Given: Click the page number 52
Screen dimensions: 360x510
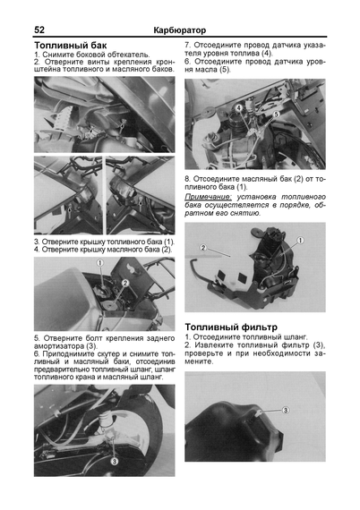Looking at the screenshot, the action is click(39, 30).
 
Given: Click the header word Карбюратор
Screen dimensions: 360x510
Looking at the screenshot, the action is click(180, 30).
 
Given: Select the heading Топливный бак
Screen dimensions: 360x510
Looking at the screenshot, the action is click(71, 45).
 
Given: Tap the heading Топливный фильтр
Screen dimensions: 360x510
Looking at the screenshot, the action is click(231, 327).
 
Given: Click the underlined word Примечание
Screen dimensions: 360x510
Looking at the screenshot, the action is click(209, 197).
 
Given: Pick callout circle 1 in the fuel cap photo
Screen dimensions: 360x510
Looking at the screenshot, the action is click(100, 262).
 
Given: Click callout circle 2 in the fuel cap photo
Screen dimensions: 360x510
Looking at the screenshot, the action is click(125, 284).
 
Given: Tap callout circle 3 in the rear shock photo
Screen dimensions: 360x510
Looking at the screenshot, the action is click(115, 461).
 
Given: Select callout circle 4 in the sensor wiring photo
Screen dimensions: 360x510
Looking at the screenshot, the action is click(239, 107).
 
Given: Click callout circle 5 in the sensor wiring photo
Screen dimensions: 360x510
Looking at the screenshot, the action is click(276, 115).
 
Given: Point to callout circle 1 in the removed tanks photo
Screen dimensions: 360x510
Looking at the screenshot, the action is click(300, 241).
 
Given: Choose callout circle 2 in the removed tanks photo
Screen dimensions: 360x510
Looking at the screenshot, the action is click(203, 248).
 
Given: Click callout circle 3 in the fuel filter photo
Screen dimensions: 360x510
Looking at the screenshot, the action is click(285, 410).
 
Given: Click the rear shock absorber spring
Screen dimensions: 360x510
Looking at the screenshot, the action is click(105, 419).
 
